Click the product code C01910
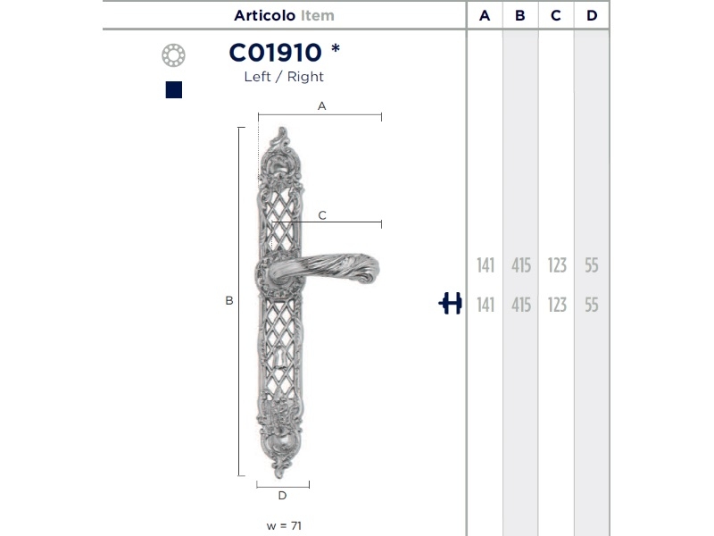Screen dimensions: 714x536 [276, 53]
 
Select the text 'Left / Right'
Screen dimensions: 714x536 [284, 77]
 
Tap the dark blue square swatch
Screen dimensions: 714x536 [174, 90]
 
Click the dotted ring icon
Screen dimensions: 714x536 [173, 55]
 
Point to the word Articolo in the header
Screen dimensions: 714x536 [264, 15]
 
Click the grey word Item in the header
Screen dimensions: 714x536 [318, 15]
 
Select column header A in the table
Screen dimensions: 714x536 [485, 15]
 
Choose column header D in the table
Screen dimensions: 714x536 [592, 15]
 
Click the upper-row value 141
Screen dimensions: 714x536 [486, 265]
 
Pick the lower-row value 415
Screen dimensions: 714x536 [521, 305]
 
